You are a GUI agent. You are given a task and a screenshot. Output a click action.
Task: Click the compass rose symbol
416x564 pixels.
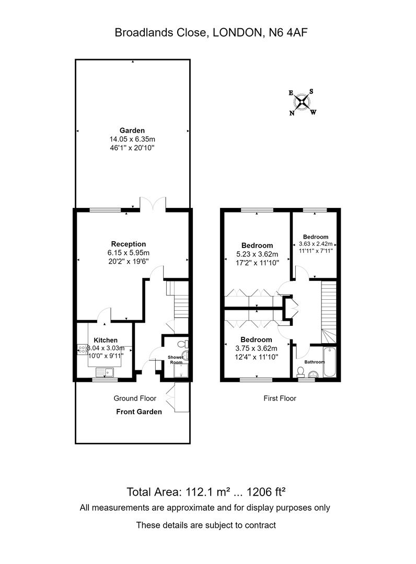pos(303,102)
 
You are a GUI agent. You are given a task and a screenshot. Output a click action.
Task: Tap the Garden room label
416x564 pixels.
pos(132,130)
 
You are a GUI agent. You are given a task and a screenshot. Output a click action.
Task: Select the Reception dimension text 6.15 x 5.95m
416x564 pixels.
pos(129,253)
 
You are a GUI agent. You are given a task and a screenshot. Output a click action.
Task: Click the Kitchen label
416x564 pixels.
pos(106,340)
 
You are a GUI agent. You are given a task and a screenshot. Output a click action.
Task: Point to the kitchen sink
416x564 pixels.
pos(105,372)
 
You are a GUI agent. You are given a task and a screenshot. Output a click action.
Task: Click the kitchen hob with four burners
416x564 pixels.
pos(82,349)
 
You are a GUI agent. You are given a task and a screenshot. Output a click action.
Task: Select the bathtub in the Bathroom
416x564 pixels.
pos(329,362)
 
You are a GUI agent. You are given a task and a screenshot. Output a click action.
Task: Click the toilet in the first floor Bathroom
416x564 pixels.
pos(301,372)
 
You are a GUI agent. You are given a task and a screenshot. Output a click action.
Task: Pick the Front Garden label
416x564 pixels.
pos(139,412)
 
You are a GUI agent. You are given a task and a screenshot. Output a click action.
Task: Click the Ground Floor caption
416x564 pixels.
pos(135,398)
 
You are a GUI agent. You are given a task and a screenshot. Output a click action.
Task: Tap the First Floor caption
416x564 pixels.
pos(280,398)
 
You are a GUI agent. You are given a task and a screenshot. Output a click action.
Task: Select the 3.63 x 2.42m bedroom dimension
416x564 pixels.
pos(316,243)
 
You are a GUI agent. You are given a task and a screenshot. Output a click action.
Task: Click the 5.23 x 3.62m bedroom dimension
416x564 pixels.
pos(257,254)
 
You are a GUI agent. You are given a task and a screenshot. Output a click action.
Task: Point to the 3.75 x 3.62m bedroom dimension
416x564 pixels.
pos(256,348)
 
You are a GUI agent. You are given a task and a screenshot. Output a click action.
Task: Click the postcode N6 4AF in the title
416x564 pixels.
pos(286,33)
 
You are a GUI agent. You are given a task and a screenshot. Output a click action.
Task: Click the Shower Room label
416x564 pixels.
pos(176,360)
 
